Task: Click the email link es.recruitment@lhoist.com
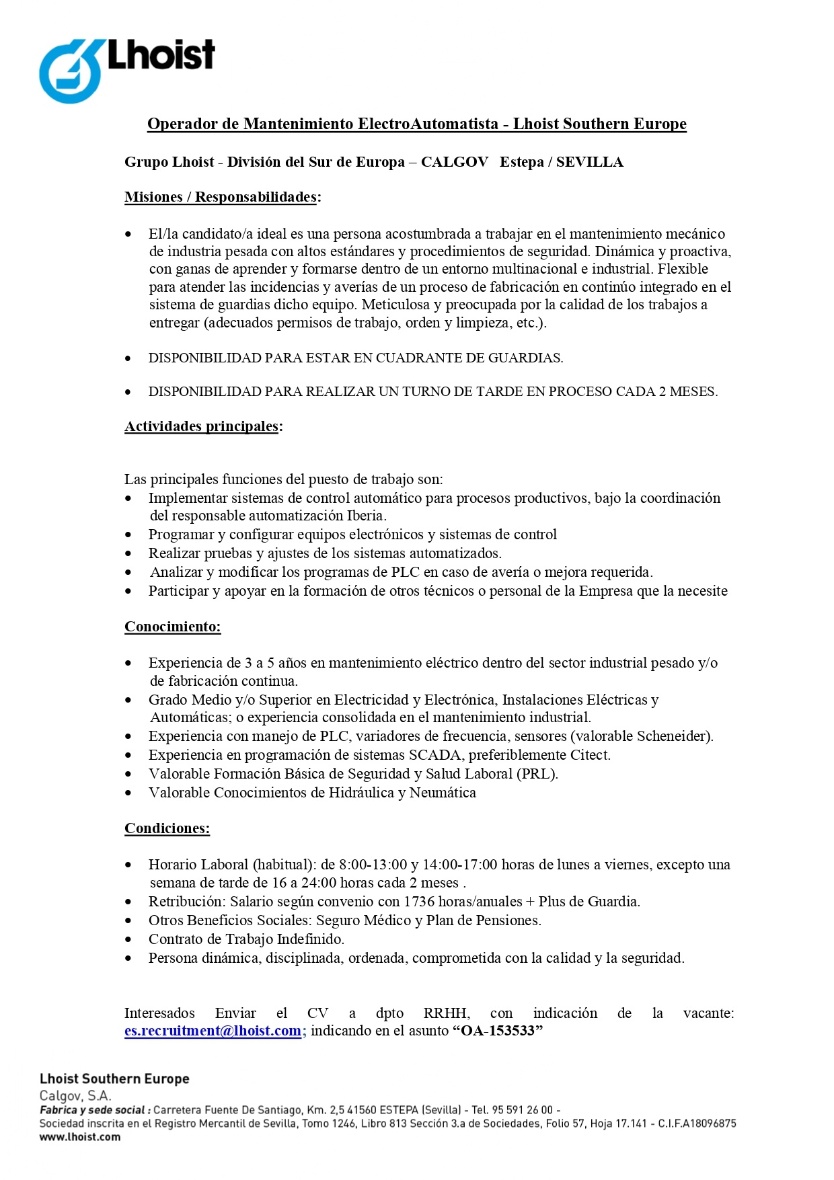coord(213,1031)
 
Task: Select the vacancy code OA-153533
coord(498,1031)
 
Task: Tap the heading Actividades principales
coord(202,426)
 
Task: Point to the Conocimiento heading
coord(172,627)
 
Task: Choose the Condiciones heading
coord(167,828)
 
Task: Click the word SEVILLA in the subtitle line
coord(590,162)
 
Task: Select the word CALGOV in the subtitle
coord(455,162)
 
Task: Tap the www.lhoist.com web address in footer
coord(80,1137)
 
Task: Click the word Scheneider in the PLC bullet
coord(672,736)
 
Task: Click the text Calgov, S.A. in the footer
coord(75,1095)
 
